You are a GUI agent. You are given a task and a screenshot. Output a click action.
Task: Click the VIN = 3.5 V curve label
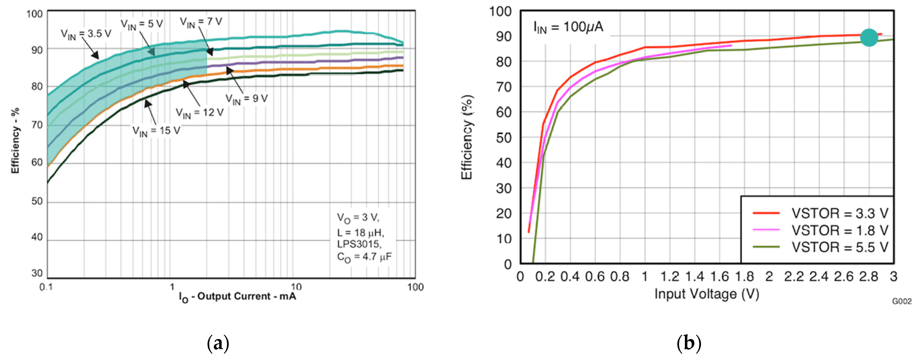click(86, 34)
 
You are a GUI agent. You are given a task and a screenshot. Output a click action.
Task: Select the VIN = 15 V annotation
click(156, 131)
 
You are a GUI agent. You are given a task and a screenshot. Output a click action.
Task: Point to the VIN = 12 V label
click(200, 113)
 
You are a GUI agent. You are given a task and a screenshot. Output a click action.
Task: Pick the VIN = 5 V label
click(142, 24)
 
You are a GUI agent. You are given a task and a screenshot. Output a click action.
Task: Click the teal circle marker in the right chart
click(869, 37)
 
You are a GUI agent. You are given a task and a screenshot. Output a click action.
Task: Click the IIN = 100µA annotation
click(568, 27)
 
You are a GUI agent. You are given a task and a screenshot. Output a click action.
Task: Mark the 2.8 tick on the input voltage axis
click(869, 277)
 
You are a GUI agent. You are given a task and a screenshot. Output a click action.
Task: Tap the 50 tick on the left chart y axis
click(37, 201)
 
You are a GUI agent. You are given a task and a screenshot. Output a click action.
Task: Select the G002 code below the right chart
click(902, 302)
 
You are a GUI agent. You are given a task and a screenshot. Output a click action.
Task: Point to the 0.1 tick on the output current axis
click(46, 287)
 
